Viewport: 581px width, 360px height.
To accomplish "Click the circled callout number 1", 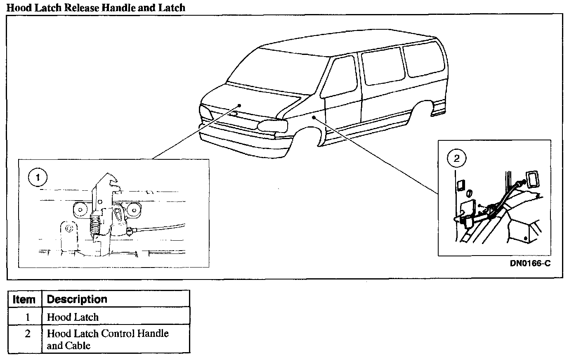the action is pyautogui.click(x=38, y=178).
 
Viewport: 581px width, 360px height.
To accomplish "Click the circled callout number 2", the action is pyautogui.click(x=456, y=158).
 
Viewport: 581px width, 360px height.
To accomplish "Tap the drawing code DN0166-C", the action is pyautogui.click(x=530, y=263).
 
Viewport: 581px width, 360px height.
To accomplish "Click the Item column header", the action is pyautogui.click(x=24, y=299).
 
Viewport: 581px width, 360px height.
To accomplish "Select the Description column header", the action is pyautogui.click(x=77, y=299).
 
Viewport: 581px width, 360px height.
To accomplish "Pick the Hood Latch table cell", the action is pyautogui.click(x=73, y=317).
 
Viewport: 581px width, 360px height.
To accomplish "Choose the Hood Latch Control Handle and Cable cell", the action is pyautogui.click(x=107, y=339).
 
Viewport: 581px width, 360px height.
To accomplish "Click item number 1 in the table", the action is pyautogui.click(x=28, y=317).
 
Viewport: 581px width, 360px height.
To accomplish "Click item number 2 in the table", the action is pyautogui.click(x=28, y=334).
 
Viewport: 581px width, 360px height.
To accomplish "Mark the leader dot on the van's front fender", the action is pyautogui.click(x=314, y=118).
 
